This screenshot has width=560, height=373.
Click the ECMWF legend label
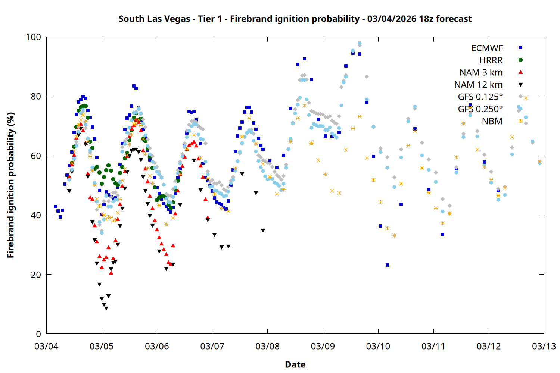487,48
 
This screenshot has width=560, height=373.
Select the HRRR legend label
491,60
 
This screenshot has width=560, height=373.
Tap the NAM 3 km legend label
481,72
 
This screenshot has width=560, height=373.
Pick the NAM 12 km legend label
478,85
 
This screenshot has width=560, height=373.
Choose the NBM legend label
492,121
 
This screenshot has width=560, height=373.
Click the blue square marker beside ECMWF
521,48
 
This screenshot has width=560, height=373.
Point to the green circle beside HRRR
521,60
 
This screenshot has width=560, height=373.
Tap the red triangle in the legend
521,72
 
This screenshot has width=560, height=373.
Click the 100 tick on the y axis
33,37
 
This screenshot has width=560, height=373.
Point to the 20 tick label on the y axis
36,275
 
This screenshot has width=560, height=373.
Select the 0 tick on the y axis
38,334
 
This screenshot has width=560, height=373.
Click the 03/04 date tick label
46,346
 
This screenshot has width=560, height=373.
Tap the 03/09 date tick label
323,346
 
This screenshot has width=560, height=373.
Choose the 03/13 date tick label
544,346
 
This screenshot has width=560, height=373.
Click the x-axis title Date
295,364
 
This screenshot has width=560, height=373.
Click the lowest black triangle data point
106,308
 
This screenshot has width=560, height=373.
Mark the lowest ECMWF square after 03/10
387,265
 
